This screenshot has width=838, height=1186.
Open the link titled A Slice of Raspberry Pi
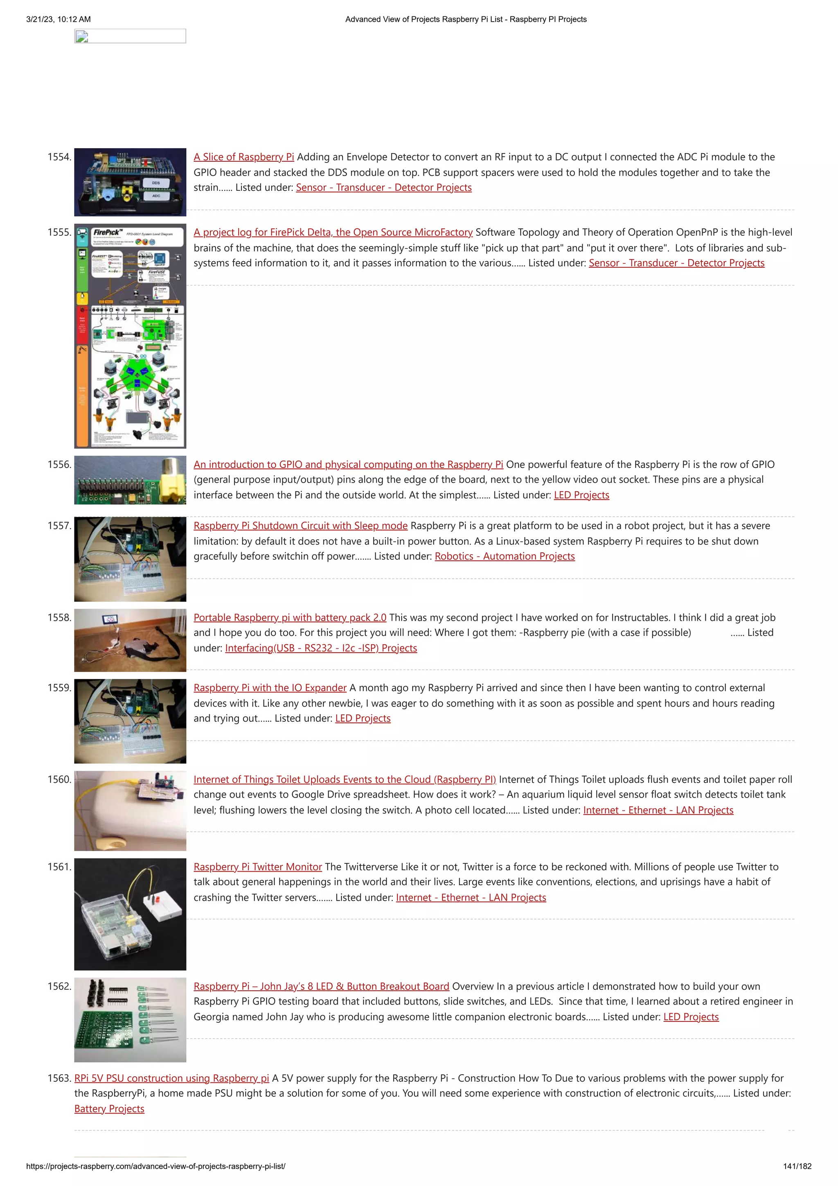[244, 157]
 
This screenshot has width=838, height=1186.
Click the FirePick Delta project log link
[333, 233]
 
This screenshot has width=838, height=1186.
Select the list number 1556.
[59, 464]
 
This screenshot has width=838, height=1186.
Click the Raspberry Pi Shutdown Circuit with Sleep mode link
[300, 526]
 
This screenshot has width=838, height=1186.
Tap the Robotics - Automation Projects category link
[505, 556]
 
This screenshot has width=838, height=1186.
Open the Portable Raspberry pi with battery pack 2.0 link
[290, 618]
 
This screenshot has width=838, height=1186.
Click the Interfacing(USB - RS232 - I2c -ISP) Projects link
[321, 648]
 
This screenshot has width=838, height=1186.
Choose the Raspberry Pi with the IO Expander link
[270, 688]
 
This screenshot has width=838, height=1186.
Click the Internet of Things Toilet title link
[345, 779]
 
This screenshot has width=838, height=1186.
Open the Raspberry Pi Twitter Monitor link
[258, 867]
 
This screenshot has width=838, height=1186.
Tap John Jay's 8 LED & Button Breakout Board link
[321, 986]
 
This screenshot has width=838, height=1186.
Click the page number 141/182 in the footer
[797, 1166]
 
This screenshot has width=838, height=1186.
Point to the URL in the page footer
[155, 1166]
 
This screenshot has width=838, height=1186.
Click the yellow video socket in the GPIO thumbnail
[173, 483]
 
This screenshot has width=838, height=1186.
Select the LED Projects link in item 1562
[690, 1017]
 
